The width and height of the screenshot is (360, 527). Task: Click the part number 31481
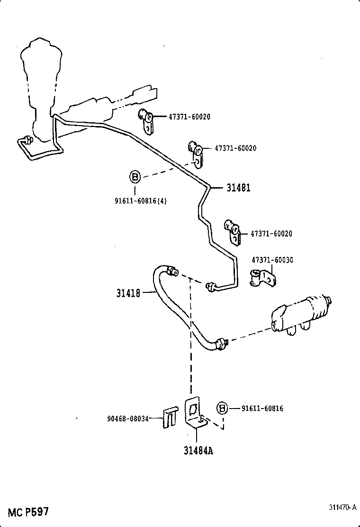pyautogui.click(x=238, y=188)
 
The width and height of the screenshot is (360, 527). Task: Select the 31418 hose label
pyautogui.click(x=128, y=293)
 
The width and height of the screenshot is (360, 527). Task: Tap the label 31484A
pyautogui.click(x=198, y=450)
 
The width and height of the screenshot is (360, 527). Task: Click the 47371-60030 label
pyautogui.click(x=272, y=260)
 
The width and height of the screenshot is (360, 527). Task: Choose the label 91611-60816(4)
pyautogui.click(x=140, y=200)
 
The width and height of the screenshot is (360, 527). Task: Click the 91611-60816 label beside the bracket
pyautogui.click(x=262, y=408)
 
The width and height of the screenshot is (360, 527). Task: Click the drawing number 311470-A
pyautogui.click(x=342, y=507)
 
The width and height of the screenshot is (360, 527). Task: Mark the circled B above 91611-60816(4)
pyautogui.click(x=135, y=177)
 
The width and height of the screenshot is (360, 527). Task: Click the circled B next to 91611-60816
pyautogui.click(x=222, y=408)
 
